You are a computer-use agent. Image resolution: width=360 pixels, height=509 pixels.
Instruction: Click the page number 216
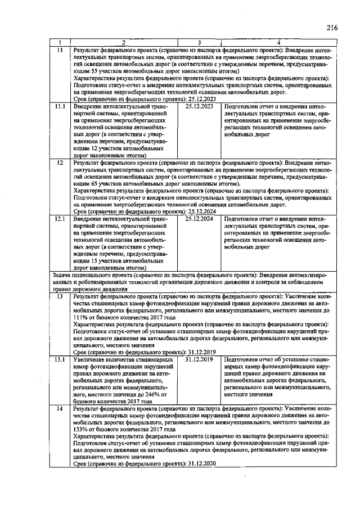click(x=331, y=27)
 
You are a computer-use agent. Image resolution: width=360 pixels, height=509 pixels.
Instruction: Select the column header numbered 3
click(x=200, y=42)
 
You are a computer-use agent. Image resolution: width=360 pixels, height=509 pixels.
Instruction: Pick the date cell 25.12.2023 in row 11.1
click(x=199, y=106)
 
